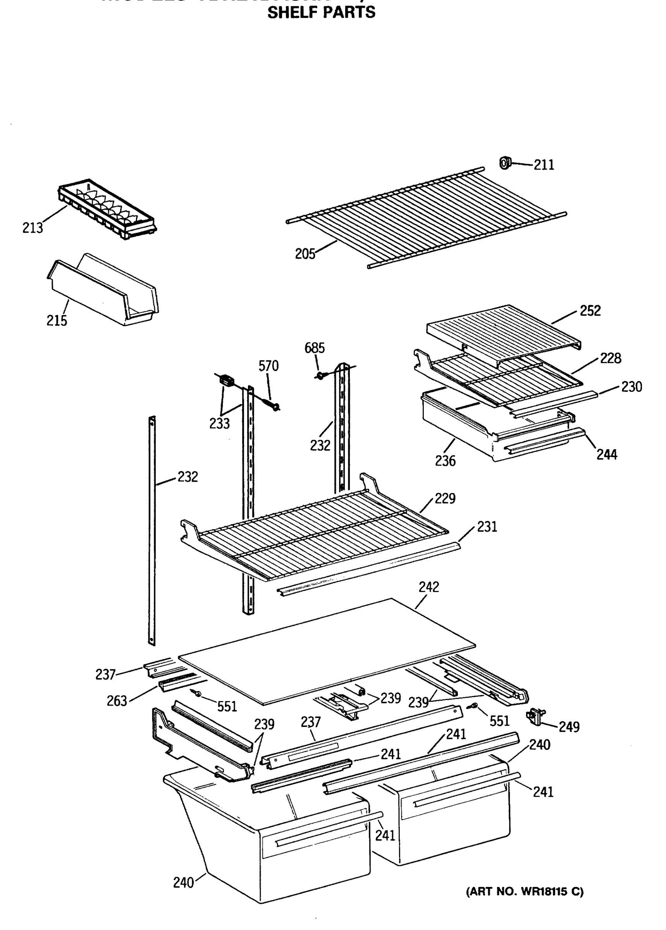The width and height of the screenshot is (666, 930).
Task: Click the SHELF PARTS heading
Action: point(321,13)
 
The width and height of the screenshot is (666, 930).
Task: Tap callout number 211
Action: point(544,165)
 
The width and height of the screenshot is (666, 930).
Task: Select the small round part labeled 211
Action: point(505,163)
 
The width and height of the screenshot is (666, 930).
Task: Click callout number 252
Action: point(590,311)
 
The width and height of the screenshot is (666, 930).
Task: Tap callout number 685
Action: point(315,348)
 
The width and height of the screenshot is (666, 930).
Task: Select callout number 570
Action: point(268,366)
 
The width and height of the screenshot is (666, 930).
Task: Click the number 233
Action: point(219,424)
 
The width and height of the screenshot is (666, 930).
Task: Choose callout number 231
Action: point(487,527)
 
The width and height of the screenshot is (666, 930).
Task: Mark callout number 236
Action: point(446,461)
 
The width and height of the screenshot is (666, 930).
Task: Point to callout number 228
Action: point(611,358)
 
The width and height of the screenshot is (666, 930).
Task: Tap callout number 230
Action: point(632,387)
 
